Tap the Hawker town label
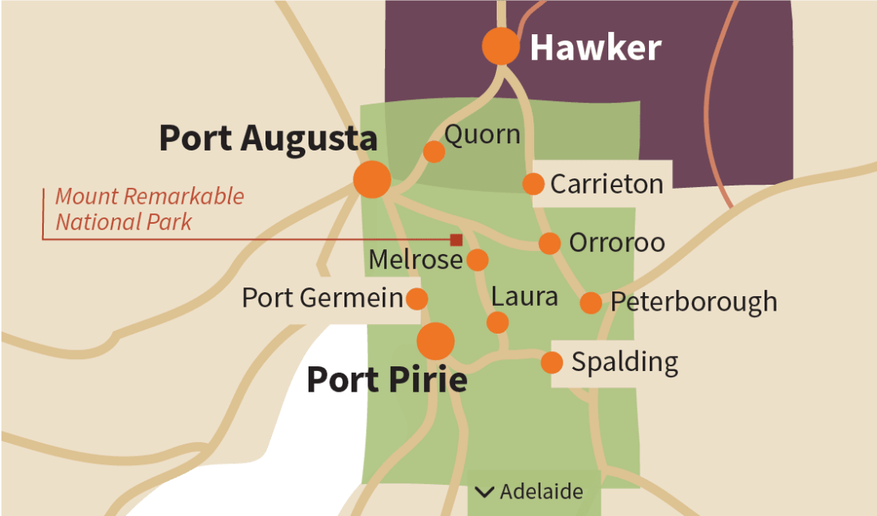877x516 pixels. (x=596, y=48)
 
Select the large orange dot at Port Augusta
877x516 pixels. (x=372, y=179)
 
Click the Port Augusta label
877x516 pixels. (x=268, y=138)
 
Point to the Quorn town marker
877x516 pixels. (x=434, y=151)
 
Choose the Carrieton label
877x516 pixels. (x=607, y=184)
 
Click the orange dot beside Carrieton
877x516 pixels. (x=533, y=184)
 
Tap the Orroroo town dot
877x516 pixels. (x=549, y=243)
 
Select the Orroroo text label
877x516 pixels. (x=616, y=243)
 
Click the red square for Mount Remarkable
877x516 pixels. (x=456, y=240)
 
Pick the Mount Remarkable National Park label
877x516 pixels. (x=149, y=209)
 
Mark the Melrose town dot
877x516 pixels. (x=477, y=260)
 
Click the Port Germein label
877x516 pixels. (x=322, y=299)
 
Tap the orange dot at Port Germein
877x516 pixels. (x=416, y=299)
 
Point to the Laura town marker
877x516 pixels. (x=497, y=322)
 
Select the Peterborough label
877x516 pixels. (x=694, y=303)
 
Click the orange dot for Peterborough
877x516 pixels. (x=591, y=303)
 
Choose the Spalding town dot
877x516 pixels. (x=552, y=363)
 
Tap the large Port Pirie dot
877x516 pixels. (x=436, y=341)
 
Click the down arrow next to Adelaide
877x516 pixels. (x=483, y=492)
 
